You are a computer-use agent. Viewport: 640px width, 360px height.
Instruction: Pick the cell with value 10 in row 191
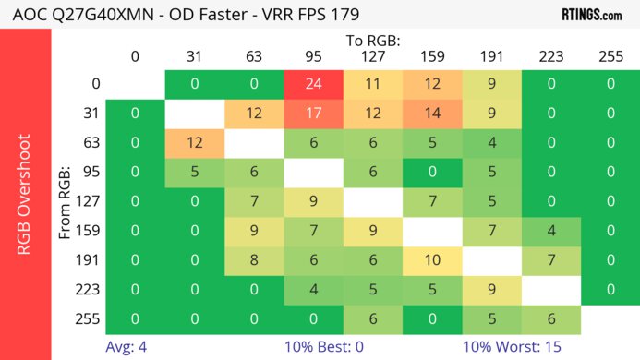(x=430, y=258)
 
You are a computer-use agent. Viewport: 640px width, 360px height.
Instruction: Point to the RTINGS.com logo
(x=591, y=15)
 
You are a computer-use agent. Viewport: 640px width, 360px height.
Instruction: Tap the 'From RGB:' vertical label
(x=67, y=201)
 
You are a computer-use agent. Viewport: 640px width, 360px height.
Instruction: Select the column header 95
(x=312, y=56)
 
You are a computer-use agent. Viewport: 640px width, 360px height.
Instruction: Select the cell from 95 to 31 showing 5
(x=194, y=173)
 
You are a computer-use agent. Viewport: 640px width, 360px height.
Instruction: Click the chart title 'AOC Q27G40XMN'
(x=70, y=15)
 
